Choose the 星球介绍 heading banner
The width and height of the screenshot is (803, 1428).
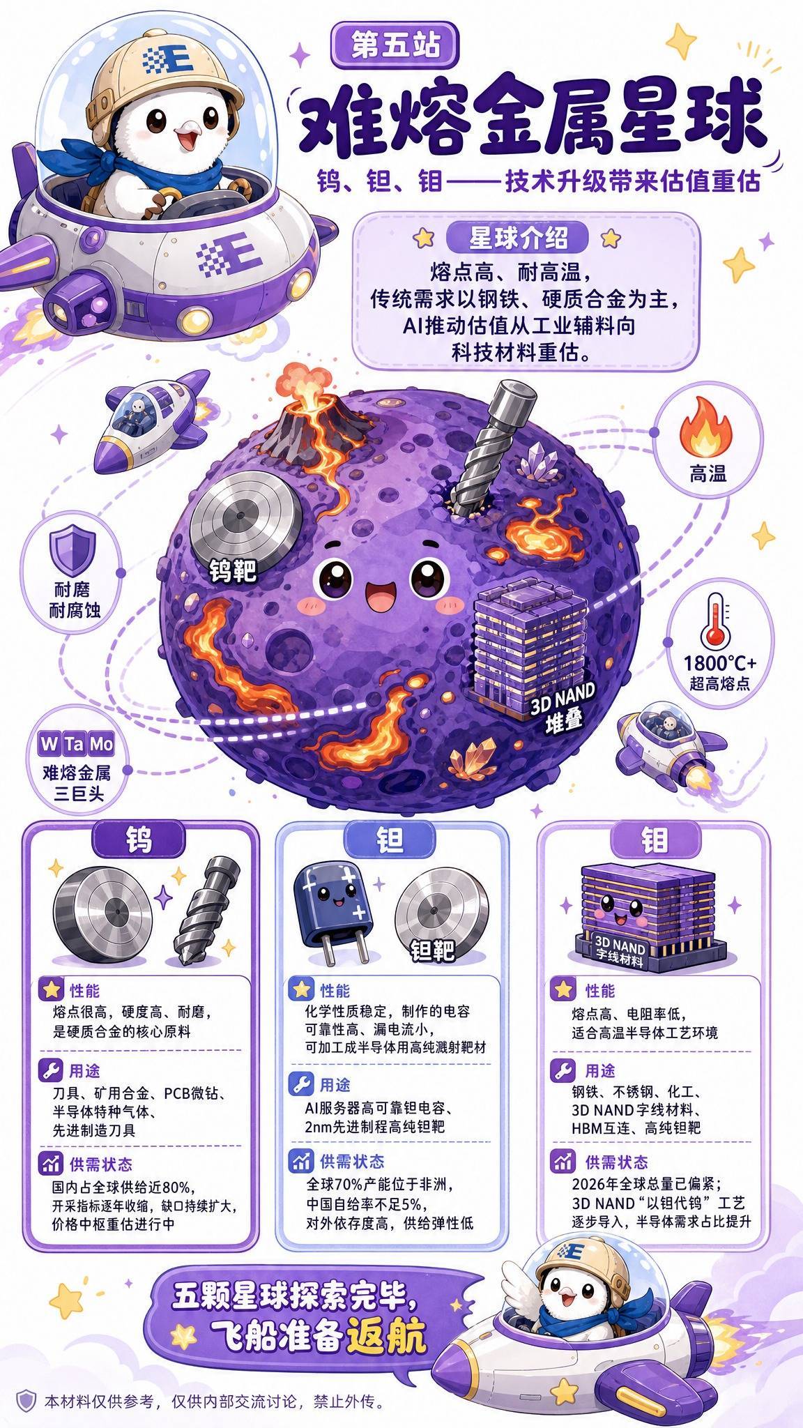pyautogui.click(x=518, y=238)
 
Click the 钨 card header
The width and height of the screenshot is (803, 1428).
pyautogui.click(x=139, y=840)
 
